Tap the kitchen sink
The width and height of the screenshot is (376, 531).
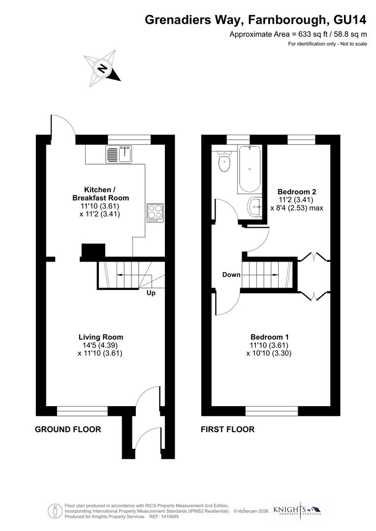pos(118,154)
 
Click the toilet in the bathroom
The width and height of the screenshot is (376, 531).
pos(225,163)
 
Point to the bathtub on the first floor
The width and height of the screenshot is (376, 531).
pos(251,169)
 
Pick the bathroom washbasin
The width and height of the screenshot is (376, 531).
pos(255,206)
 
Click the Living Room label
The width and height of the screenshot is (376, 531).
pos(100,337)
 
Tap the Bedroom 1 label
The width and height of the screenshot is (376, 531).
pos(269,337)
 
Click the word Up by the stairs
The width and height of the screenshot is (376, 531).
pos(152,293)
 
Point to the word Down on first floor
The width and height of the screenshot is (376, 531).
pos(231,274)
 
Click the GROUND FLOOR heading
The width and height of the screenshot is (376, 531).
pos(68,429)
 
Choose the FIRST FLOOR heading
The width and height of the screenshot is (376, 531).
pos(227,429)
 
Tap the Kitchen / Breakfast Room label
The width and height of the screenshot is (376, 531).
pos(100,194)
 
